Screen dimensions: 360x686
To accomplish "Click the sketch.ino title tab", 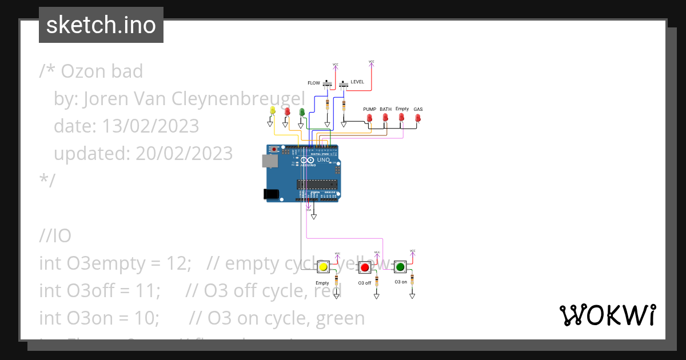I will (101, 25).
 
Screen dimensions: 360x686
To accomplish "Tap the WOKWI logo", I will (607, 315).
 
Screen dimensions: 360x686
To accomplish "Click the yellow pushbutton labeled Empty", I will (323, 267).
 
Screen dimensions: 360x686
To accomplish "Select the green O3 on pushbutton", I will (400, 266).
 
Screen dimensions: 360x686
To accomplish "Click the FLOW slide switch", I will (328, 85).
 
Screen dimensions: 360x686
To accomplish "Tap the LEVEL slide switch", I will (344, 85).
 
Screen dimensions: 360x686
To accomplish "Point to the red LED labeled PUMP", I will (369, 118).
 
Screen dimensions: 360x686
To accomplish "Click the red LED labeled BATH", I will (385, 118).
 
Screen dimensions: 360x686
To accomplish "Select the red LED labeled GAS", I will (418, 118).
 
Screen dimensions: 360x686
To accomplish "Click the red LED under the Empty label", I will (401, 118).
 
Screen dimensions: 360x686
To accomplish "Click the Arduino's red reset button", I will (274, 150).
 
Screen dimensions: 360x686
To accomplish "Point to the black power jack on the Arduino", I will (271, 194).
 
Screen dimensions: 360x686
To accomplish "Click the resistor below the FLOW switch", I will (327, 105).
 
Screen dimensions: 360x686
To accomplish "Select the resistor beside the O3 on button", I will (412, 279).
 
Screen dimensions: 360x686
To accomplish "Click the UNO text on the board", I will (324, 160).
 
